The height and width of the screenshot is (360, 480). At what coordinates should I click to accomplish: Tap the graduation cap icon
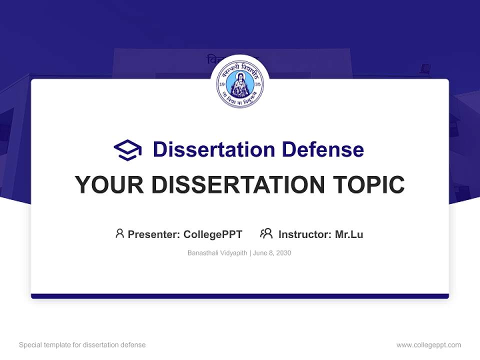tap(127, 149)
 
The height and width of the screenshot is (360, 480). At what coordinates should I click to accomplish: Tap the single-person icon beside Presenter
tap(119, 233)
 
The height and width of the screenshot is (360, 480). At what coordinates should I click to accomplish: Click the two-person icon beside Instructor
tap(266, 233)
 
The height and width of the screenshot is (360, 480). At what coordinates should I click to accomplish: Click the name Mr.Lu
tap(349, 234)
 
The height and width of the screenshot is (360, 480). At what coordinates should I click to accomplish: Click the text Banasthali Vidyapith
tap(217, 253)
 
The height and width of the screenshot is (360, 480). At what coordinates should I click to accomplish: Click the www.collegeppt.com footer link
tap(428, 345)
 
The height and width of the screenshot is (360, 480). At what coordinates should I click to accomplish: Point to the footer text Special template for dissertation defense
tap(82, 345)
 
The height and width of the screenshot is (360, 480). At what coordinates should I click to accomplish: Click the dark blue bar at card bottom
tap(240, 296)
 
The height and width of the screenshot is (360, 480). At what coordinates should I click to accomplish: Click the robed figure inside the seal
tap(240, 84)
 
